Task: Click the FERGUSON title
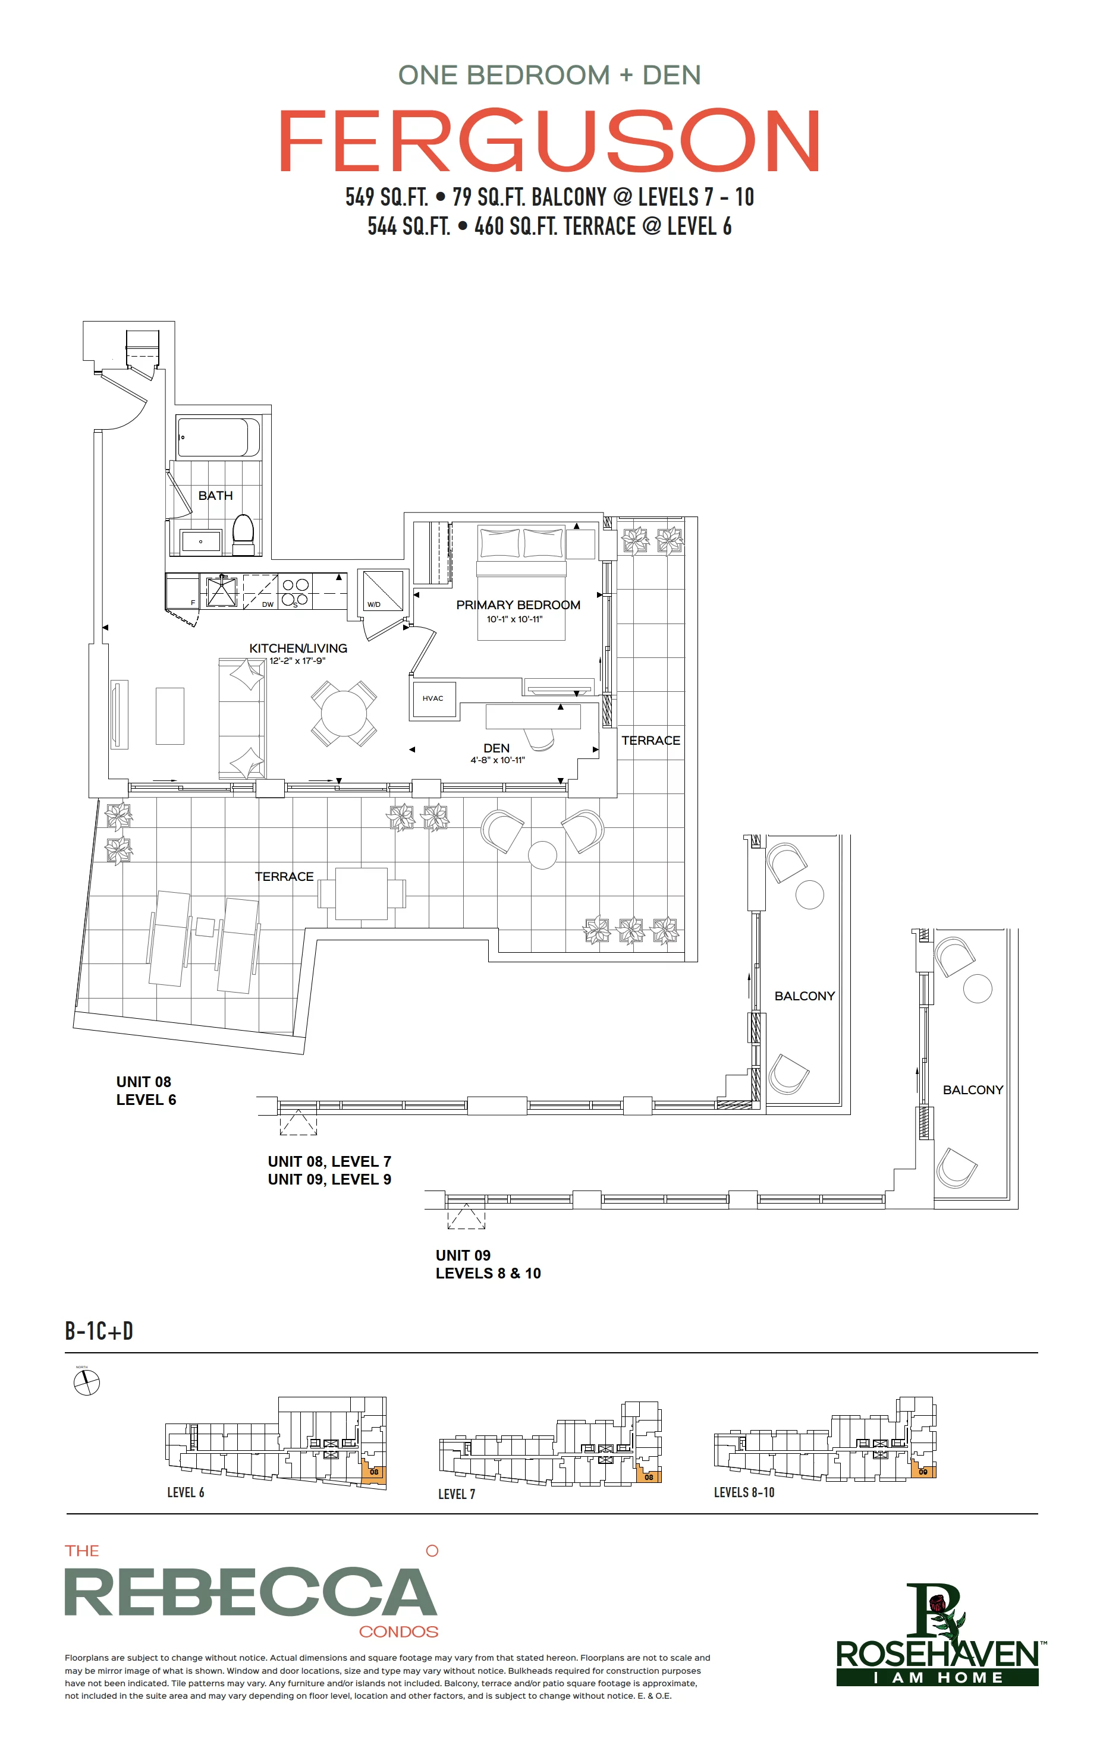click(x=550, y=140)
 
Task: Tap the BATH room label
click(x=215, y=495)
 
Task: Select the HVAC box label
click(x=433, y=698)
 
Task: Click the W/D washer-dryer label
click(x=374, y=604)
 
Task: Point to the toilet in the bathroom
click(x=243, y=534)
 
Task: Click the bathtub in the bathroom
click(x=218, y=437)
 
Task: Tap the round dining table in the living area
click(x=344, y=713)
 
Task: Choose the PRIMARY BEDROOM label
click(x=518, y=605)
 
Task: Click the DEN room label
click(x=496, y=748)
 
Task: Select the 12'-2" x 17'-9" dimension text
click(x=297, y=661)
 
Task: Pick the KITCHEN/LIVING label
click(x=298, y=648)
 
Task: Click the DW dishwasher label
click(x=268, y=604)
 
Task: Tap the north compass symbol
click(x=87, y=1382)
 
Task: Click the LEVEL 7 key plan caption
click(x=456, y=1494)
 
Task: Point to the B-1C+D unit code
click(x=99, y=1331)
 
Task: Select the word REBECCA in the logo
click(x=251, y=1592)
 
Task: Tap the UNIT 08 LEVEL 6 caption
click(x=146, y=1091)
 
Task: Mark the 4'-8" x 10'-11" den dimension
click(x=497, y=760)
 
